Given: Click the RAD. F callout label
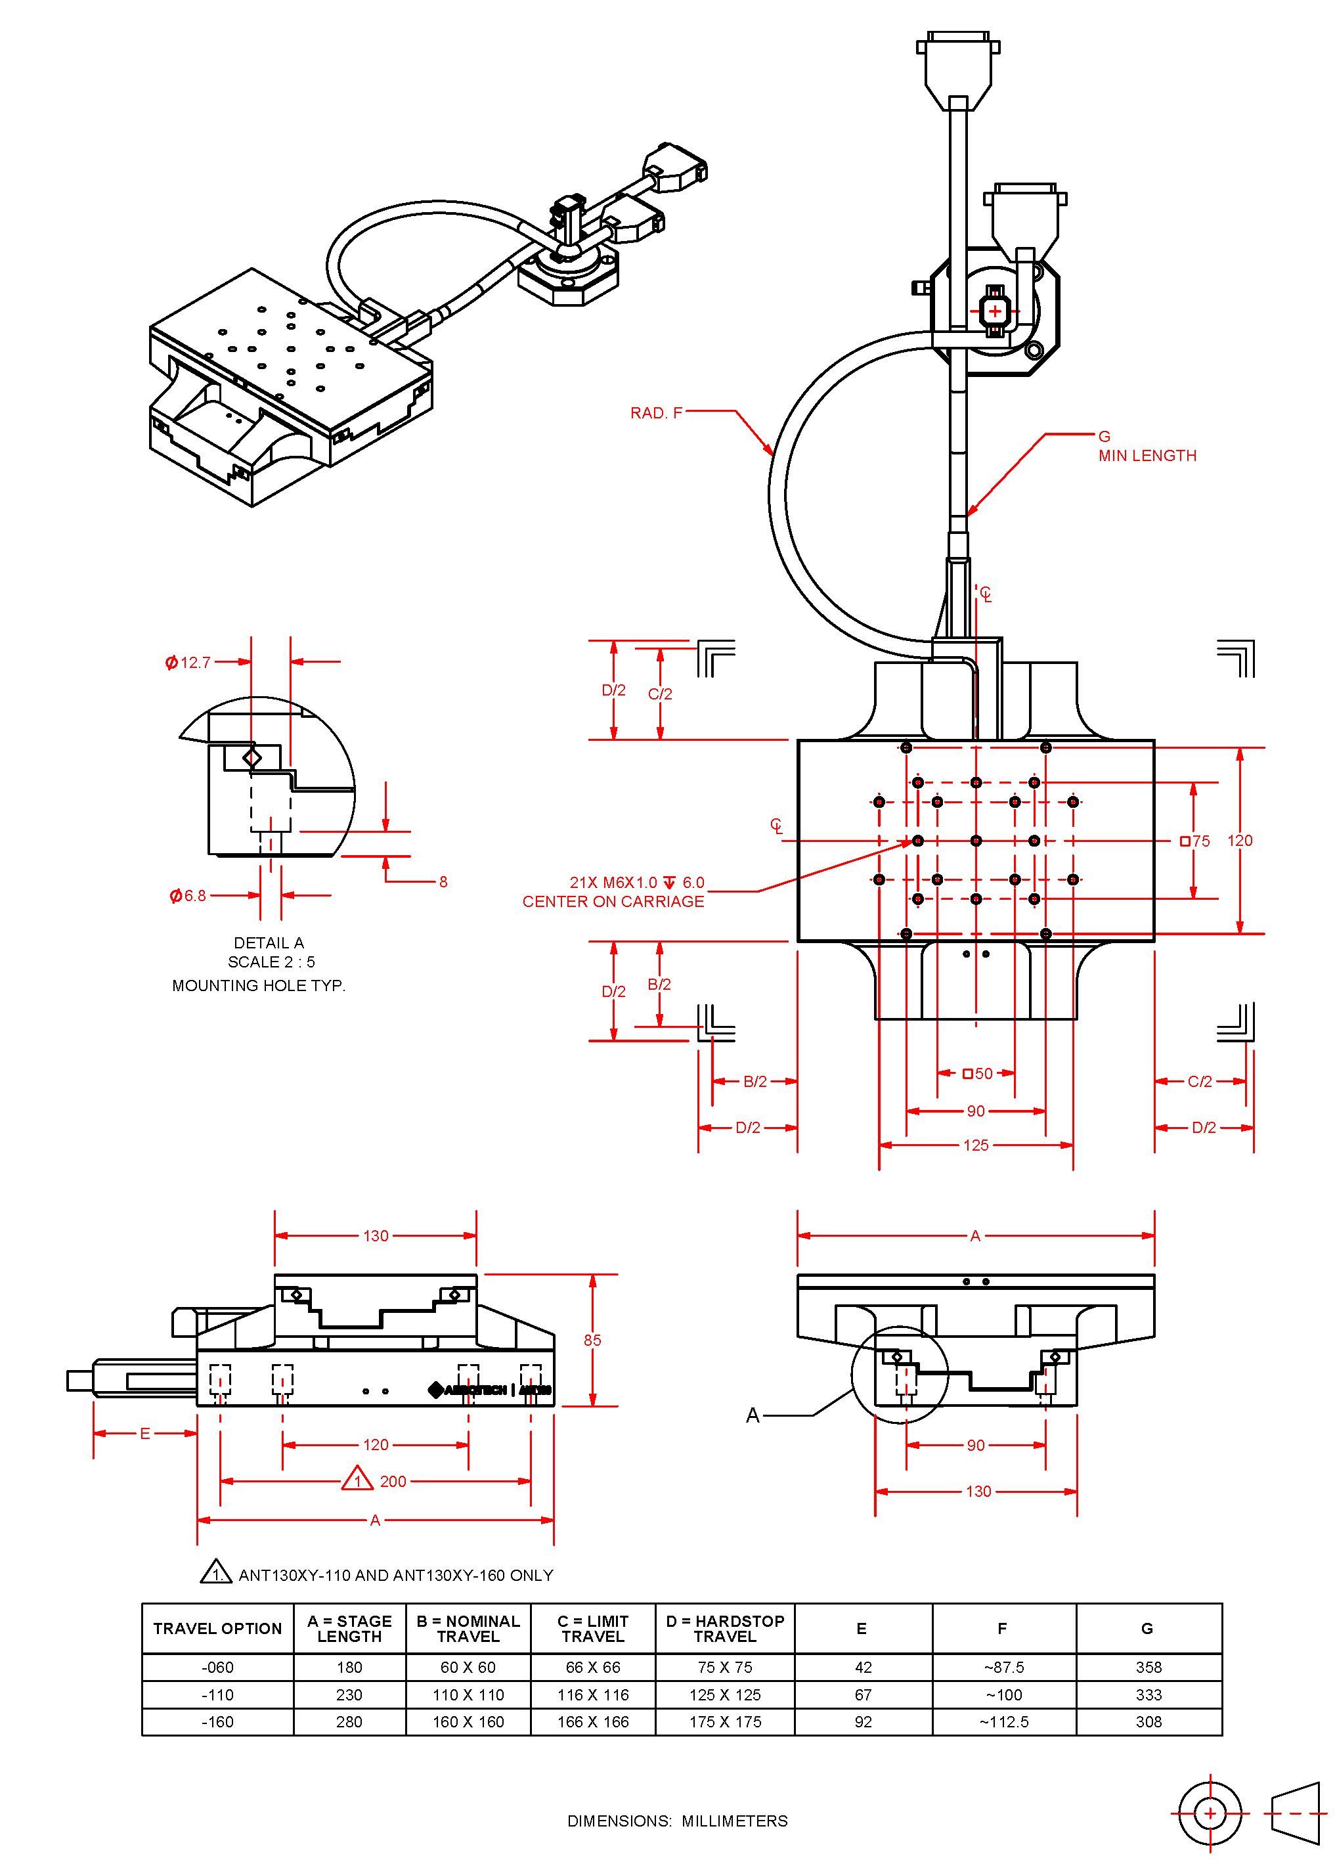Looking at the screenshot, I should point(655,412).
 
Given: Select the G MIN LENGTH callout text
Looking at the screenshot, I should point(1146,447).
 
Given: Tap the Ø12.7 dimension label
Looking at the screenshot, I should point(188,662).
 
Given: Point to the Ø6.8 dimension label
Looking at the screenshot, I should point(188,896).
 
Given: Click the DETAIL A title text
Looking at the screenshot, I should point(269,942).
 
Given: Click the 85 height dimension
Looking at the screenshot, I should point(592,1340).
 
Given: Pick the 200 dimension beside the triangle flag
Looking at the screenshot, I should point(393,1481).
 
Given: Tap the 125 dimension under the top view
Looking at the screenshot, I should point(975,1145).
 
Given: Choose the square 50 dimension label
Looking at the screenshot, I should point(978,1074).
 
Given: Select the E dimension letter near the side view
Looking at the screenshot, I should point(145,1434).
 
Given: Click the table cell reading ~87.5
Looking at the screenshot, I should point(1003,1668).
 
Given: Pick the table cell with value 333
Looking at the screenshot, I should point(1148,1694).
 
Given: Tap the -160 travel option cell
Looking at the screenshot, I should point(217,1721).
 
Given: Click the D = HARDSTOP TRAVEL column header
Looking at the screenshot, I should point(725,1628).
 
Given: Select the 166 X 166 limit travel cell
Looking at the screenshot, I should point(593,1721).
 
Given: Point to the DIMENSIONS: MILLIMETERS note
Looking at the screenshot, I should point(677,1821).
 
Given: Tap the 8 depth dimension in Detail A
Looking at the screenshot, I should point(443,881).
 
